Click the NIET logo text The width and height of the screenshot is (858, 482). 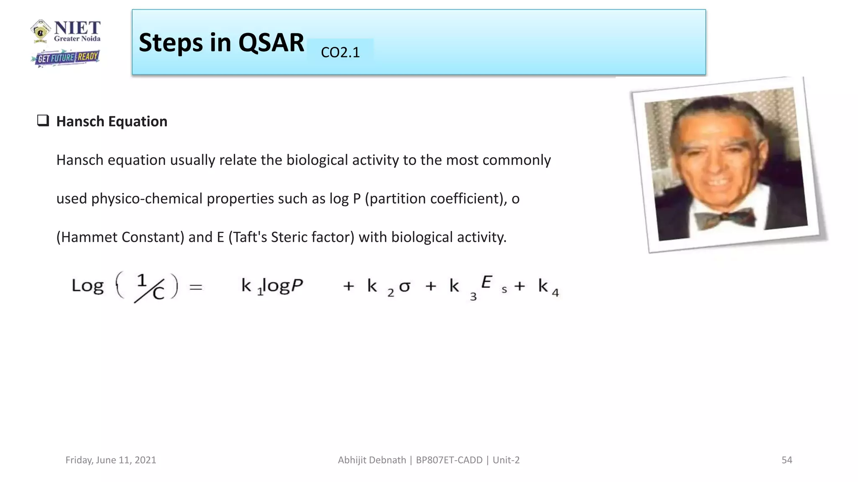(x=77, y=28)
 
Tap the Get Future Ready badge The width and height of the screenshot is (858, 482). (x=66, y=58)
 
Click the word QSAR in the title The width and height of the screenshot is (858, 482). (x=271, y=43)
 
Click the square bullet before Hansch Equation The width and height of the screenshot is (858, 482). (x=43, y=120)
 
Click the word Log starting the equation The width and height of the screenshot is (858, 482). (x=88, y=286)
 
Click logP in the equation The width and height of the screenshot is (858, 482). (x=283, y=286)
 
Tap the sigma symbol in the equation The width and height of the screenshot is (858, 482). (x=405, y=287)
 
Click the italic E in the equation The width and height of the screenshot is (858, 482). (x=486, y=282)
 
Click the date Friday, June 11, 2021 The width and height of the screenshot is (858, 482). (x=111, y=460)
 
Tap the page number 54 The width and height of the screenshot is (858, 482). (x=787, y=460)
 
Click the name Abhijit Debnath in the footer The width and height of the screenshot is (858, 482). (x=372, y=460)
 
